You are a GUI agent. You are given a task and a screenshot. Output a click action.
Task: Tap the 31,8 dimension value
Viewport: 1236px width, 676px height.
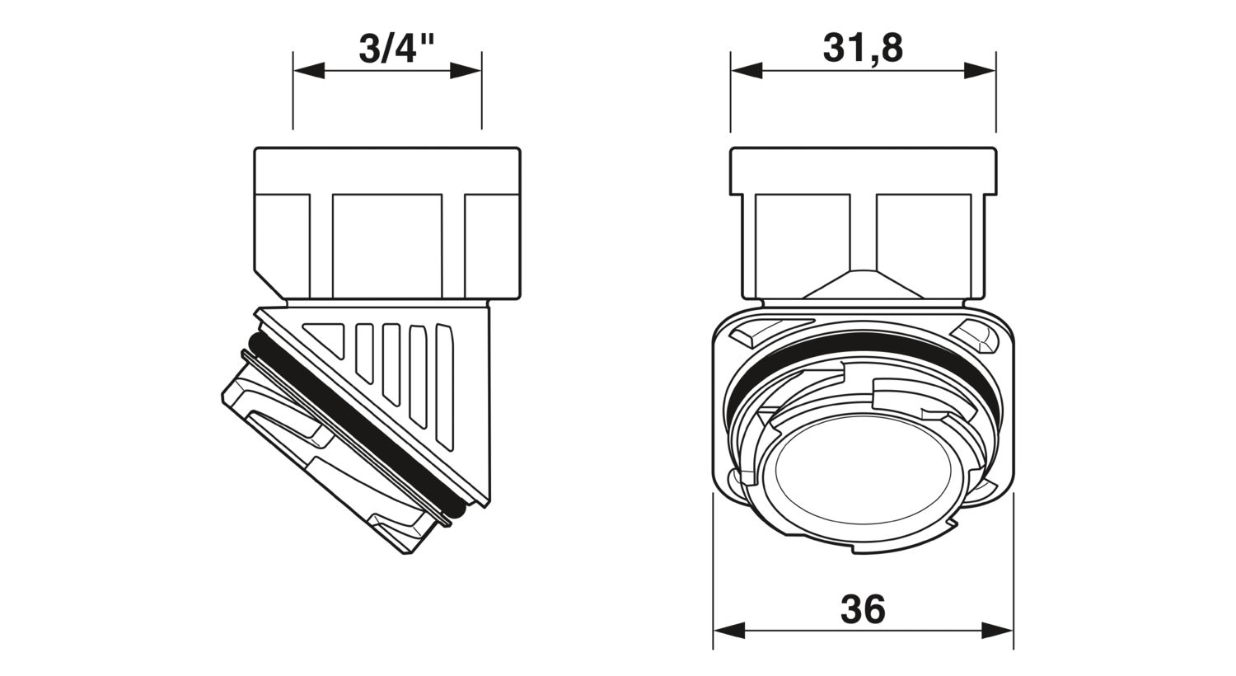(863, 49)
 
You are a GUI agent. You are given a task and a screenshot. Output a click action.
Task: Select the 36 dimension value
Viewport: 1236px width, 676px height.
(863, 609)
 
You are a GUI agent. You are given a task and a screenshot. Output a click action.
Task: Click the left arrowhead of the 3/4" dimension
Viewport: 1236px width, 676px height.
(308, 71)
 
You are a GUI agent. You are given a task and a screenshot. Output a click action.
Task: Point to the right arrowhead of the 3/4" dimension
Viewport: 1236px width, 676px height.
(466, 71)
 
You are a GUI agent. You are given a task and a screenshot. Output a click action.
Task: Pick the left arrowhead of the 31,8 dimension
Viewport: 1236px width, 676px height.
(747, 71)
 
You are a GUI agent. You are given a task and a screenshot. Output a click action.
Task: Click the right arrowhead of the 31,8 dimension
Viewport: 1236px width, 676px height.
(980, 71)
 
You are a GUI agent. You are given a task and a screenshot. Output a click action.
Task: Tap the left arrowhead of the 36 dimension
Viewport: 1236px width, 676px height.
(729, 631)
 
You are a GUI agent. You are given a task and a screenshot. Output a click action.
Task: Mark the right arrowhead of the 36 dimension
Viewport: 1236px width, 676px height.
(998, 631)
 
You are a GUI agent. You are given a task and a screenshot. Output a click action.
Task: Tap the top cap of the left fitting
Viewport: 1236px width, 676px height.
(387, 170)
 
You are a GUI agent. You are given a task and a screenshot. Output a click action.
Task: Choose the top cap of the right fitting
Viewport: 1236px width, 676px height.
(864, 170)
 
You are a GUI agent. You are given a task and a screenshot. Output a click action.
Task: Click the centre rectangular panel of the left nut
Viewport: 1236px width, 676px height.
(387, 246)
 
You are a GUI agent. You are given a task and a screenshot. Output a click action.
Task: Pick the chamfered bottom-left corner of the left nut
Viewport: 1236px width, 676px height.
(270, 284)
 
